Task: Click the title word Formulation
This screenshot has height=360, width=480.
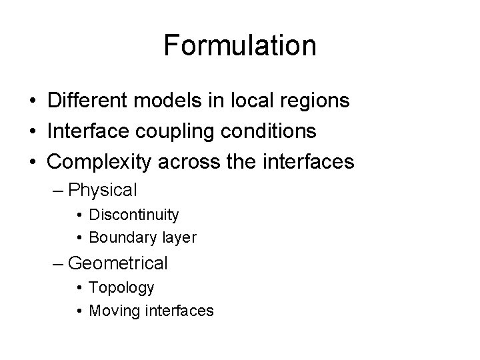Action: (240, 46)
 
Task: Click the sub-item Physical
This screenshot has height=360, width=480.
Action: (103, 191)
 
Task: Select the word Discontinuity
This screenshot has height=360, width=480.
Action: (133, 215)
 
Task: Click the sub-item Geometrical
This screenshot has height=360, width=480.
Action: (118, 264)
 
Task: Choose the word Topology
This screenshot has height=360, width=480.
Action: (122, 289)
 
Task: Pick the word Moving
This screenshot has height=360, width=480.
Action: (112, 310)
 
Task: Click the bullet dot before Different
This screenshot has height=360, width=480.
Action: (33, 101)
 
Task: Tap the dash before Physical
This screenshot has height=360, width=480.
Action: (59, 191)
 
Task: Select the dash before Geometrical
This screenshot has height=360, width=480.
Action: (59, 263)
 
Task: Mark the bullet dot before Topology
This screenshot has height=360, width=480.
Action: (79, 288)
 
